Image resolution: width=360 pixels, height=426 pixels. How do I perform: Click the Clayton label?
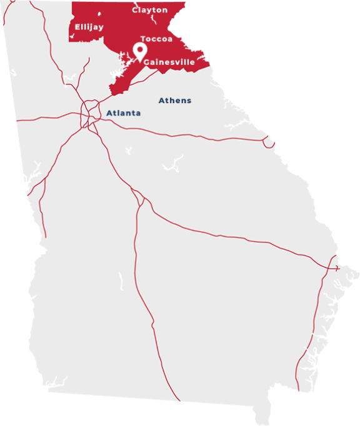pos(150,10)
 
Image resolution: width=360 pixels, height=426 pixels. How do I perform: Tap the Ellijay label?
pos(89,27)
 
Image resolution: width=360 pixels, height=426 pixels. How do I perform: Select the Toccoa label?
pos(156,39)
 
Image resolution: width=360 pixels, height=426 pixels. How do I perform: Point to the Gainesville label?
pos(169,62)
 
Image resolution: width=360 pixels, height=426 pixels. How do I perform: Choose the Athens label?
pos(175,101)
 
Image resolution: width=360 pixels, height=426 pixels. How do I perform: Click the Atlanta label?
pos(123,113)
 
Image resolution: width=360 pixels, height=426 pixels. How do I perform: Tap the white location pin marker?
pos(140,52)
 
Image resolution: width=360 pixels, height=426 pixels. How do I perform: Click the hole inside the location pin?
pos(140,49)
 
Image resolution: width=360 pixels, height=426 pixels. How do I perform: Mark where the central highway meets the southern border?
pos(179,400)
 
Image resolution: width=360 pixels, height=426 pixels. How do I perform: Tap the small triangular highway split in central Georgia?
pos(142,201)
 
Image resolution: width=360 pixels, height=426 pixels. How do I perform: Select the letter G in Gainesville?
pos(147,62)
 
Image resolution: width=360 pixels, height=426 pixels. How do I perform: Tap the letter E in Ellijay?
pos(77,27)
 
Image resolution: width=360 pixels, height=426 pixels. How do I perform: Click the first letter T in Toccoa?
pos(143,39)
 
